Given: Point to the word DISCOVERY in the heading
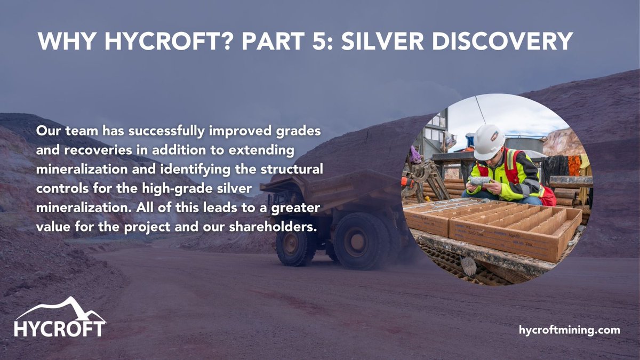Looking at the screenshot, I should (x=508, y=42).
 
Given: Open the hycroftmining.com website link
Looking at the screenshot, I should (x=570, y=330).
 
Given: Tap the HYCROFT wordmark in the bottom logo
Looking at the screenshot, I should (x=60, y=327).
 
